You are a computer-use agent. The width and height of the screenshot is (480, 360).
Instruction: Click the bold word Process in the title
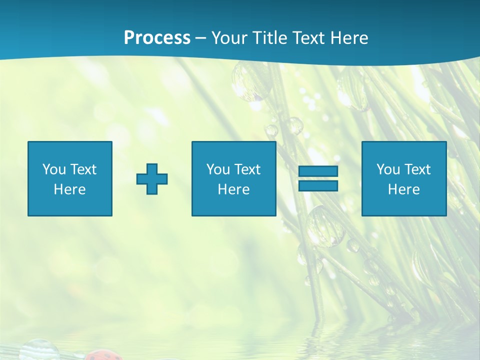tap(157, 38)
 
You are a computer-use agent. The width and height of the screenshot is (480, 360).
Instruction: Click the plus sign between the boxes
tap(152, 179)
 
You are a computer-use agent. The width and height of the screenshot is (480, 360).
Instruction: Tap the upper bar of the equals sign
tap(318, 171)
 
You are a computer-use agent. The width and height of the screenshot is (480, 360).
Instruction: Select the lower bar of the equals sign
tap(318, 185)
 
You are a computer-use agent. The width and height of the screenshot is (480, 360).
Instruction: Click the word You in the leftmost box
tap(54, 169)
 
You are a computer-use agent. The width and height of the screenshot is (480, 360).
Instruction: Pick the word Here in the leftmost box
tap(69, 189)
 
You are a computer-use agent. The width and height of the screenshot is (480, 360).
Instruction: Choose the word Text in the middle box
tap(247, 169)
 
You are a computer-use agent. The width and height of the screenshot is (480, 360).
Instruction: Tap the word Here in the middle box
tap(233, 189)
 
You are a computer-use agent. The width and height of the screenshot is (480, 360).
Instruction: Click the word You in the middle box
tap(218, 169)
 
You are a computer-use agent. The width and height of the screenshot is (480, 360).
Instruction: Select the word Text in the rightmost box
tap(417, 169)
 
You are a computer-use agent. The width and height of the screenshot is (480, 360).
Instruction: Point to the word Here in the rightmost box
tap(403, 189)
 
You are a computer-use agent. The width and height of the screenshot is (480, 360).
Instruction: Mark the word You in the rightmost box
tap(388, 169)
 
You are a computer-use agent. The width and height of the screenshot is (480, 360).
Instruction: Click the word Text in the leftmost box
tap(83, 169)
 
